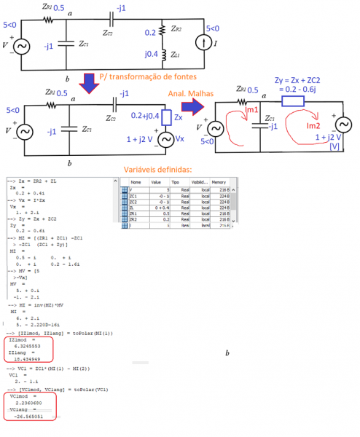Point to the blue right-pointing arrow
coord(192,107)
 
